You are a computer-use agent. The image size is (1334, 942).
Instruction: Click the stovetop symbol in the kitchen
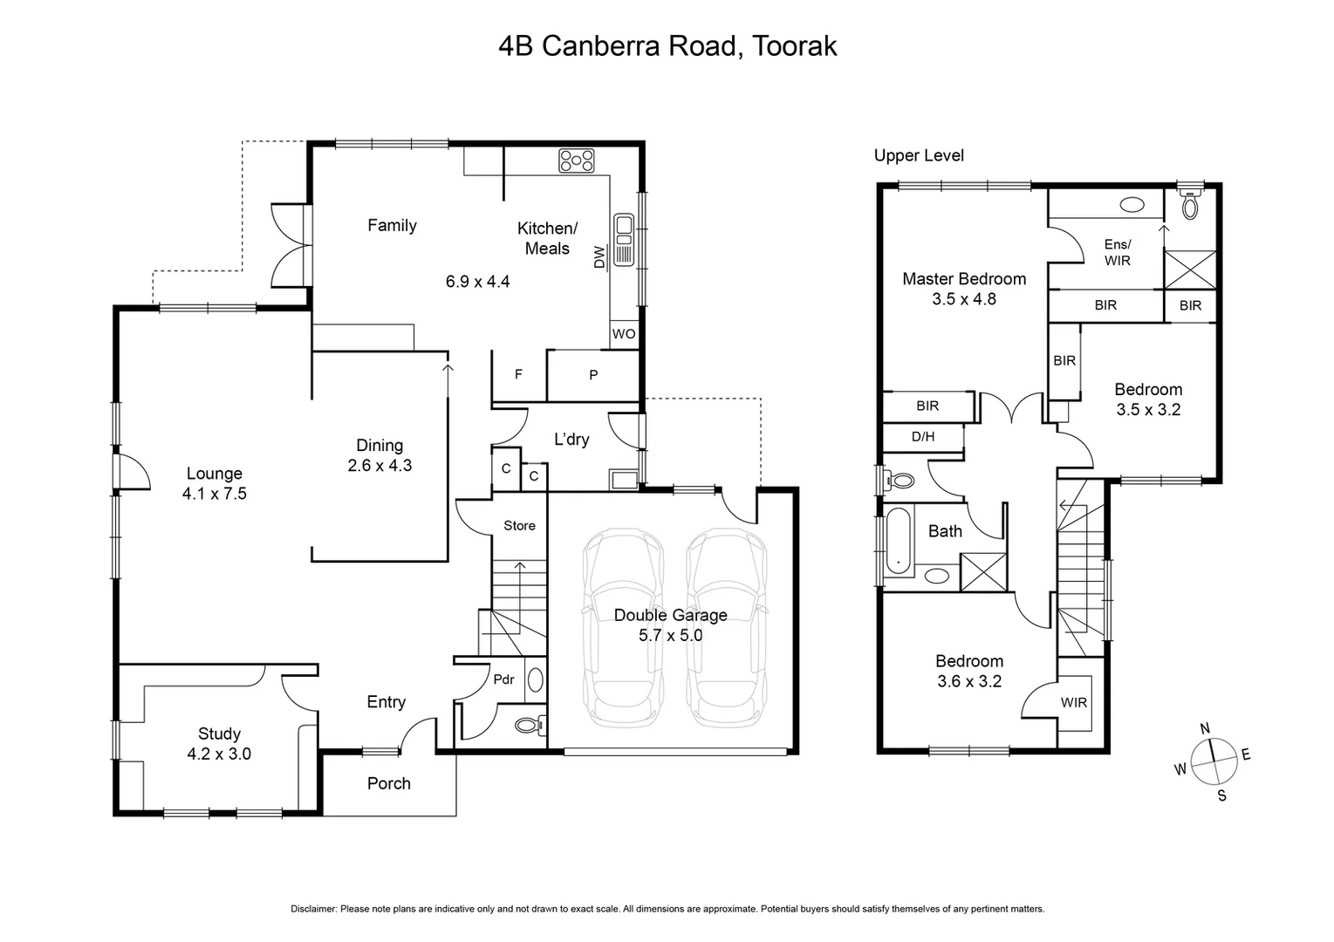click(577, 160)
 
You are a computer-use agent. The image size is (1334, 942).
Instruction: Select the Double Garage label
click(670, 615)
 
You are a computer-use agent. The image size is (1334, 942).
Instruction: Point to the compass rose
click(1213, 761)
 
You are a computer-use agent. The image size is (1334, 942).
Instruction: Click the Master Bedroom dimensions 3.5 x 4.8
click(963, 299)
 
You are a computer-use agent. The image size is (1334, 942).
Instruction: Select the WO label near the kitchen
click(624, 334)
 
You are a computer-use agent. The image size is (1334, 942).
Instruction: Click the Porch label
click(388, 783)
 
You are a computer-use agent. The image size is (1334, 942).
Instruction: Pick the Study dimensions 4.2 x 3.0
click(219, 754)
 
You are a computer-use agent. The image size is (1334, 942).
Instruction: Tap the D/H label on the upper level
click(922, 436)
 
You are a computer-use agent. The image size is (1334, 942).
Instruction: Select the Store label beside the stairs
click(519, 525)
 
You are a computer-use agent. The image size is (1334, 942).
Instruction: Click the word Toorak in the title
click(794, 45)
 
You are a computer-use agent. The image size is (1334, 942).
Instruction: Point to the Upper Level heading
click(919, 155)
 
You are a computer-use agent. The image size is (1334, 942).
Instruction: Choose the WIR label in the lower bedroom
click(1074, 702)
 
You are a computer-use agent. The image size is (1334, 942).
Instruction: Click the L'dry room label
click(571, 440)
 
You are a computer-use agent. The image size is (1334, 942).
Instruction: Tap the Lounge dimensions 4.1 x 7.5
click(214, 494)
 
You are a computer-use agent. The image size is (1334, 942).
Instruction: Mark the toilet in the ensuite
click(1190, 206)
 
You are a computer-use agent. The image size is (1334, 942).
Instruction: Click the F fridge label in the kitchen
click(518, 374)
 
